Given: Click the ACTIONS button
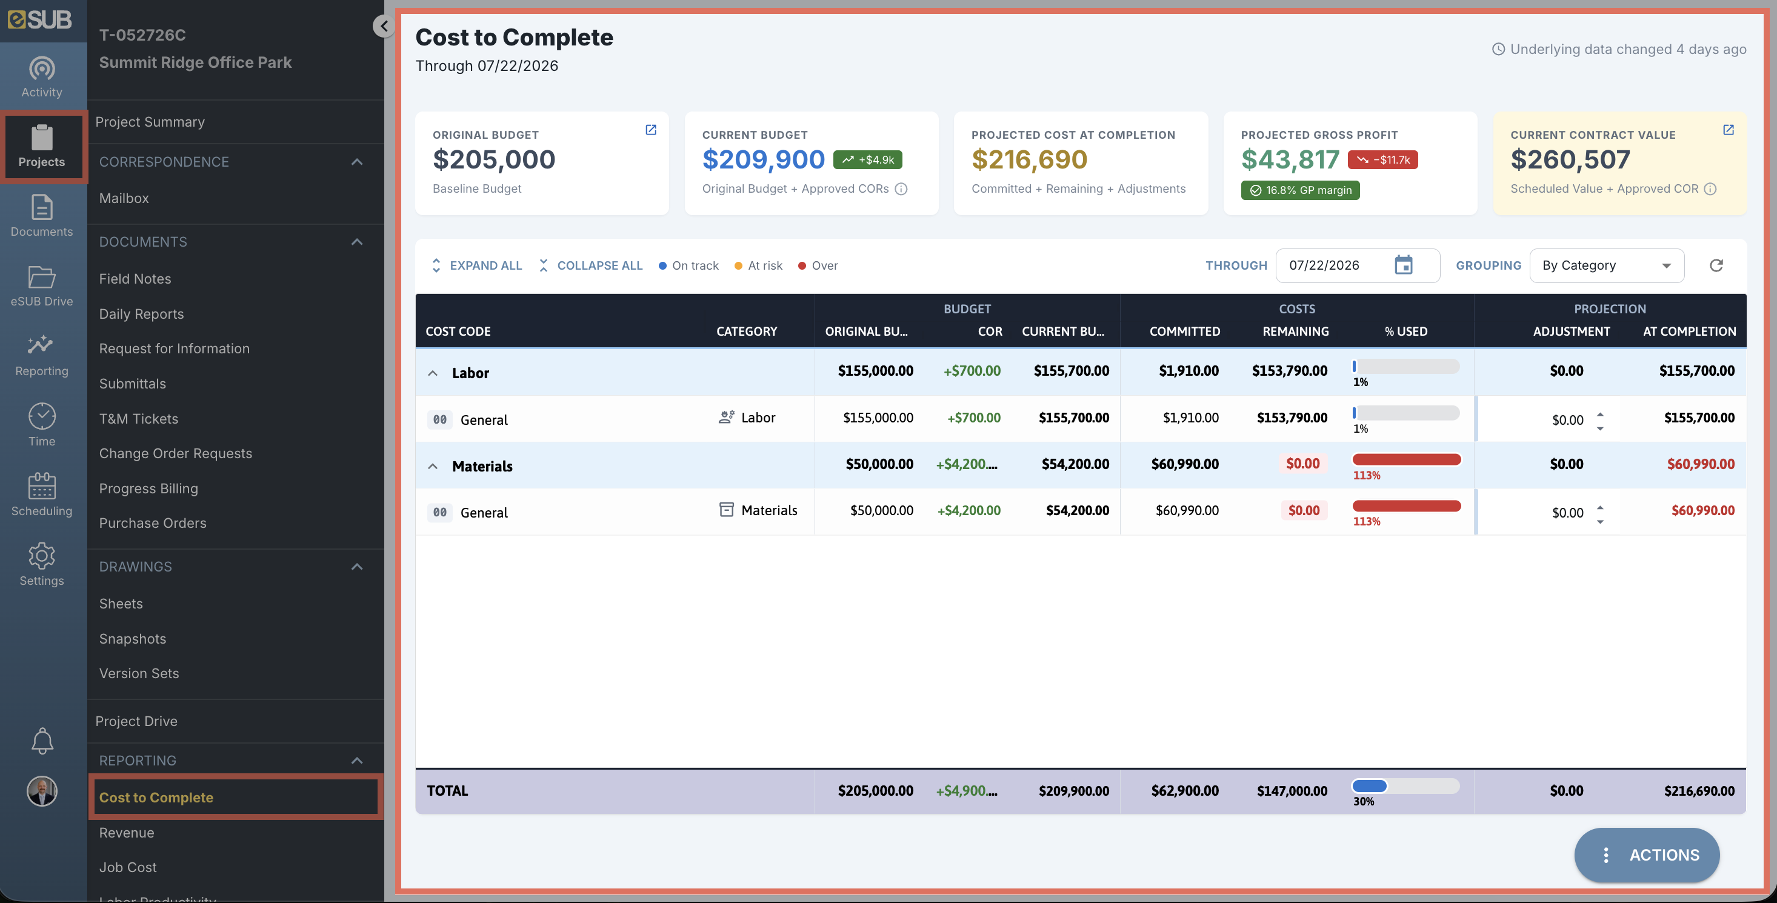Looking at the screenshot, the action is (x=1647, y=855).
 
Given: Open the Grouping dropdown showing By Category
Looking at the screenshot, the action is (x=1607, y=265).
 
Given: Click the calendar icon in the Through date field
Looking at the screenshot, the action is (x=1403, y=265).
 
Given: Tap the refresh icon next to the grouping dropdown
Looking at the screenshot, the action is (x=1716, y=265).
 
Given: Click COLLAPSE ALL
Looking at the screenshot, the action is (x=590, y=265).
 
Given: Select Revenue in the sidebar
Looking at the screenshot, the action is (x=126, y=833).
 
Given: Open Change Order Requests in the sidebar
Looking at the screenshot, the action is (x=175, y=453).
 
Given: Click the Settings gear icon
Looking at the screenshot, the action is (x=41, y=555).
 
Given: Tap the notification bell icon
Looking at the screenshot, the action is (x=42, y=741).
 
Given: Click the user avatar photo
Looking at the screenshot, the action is (x=42, y=791).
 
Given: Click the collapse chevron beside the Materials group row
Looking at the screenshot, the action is (x=433, y=466).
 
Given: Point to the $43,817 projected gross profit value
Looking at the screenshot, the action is (x=1290, y=159).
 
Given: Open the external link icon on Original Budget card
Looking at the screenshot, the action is (x=650, y=130).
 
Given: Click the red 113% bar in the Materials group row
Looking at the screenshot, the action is (x=1407, y=459).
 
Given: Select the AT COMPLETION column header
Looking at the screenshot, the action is (x=1689, y=331).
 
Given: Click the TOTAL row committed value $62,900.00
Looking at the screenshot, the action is (x=1184, y=790).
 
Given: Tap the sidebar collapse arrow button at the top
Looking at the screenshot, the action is (x=384, y=26).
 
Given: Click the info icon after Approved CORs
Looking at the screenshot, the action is (x=901, y=189).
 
